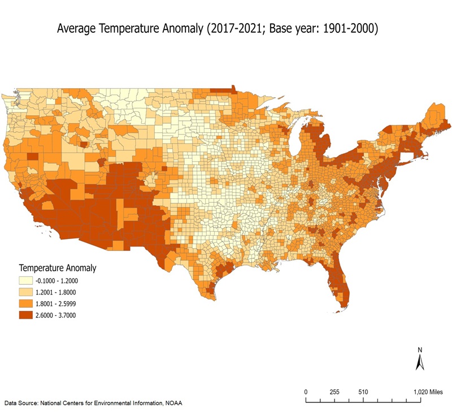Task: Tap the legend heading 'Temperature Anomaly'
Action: pos(58,267)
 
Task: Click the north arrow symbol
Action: pos(420,362)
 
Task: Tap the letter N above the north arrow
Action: pos(420,349)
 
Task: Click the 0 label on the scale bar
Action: pos(306,392)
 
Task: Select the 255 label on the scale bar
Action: pos(334,392)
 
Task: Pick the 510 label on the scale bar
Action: pos(363,392)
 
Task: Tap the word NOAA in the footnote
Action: pos(172,403)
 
